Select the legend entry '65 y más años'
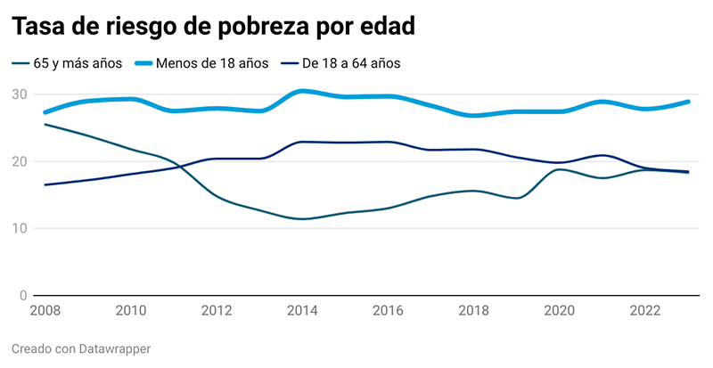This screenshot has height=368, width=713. coord(71,63)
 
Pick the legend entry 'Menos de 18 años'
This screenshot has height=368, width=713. coord(211,63)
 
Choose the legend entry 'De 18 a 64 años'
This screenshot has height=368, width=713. coord(351,63)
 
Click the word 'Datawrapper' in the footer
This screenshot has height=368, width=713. coord(116,348)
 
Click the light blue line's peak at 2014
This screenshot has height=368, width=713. coord(303,91)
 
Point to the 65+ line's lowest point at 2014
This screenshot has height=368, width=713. coord(303,218)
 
